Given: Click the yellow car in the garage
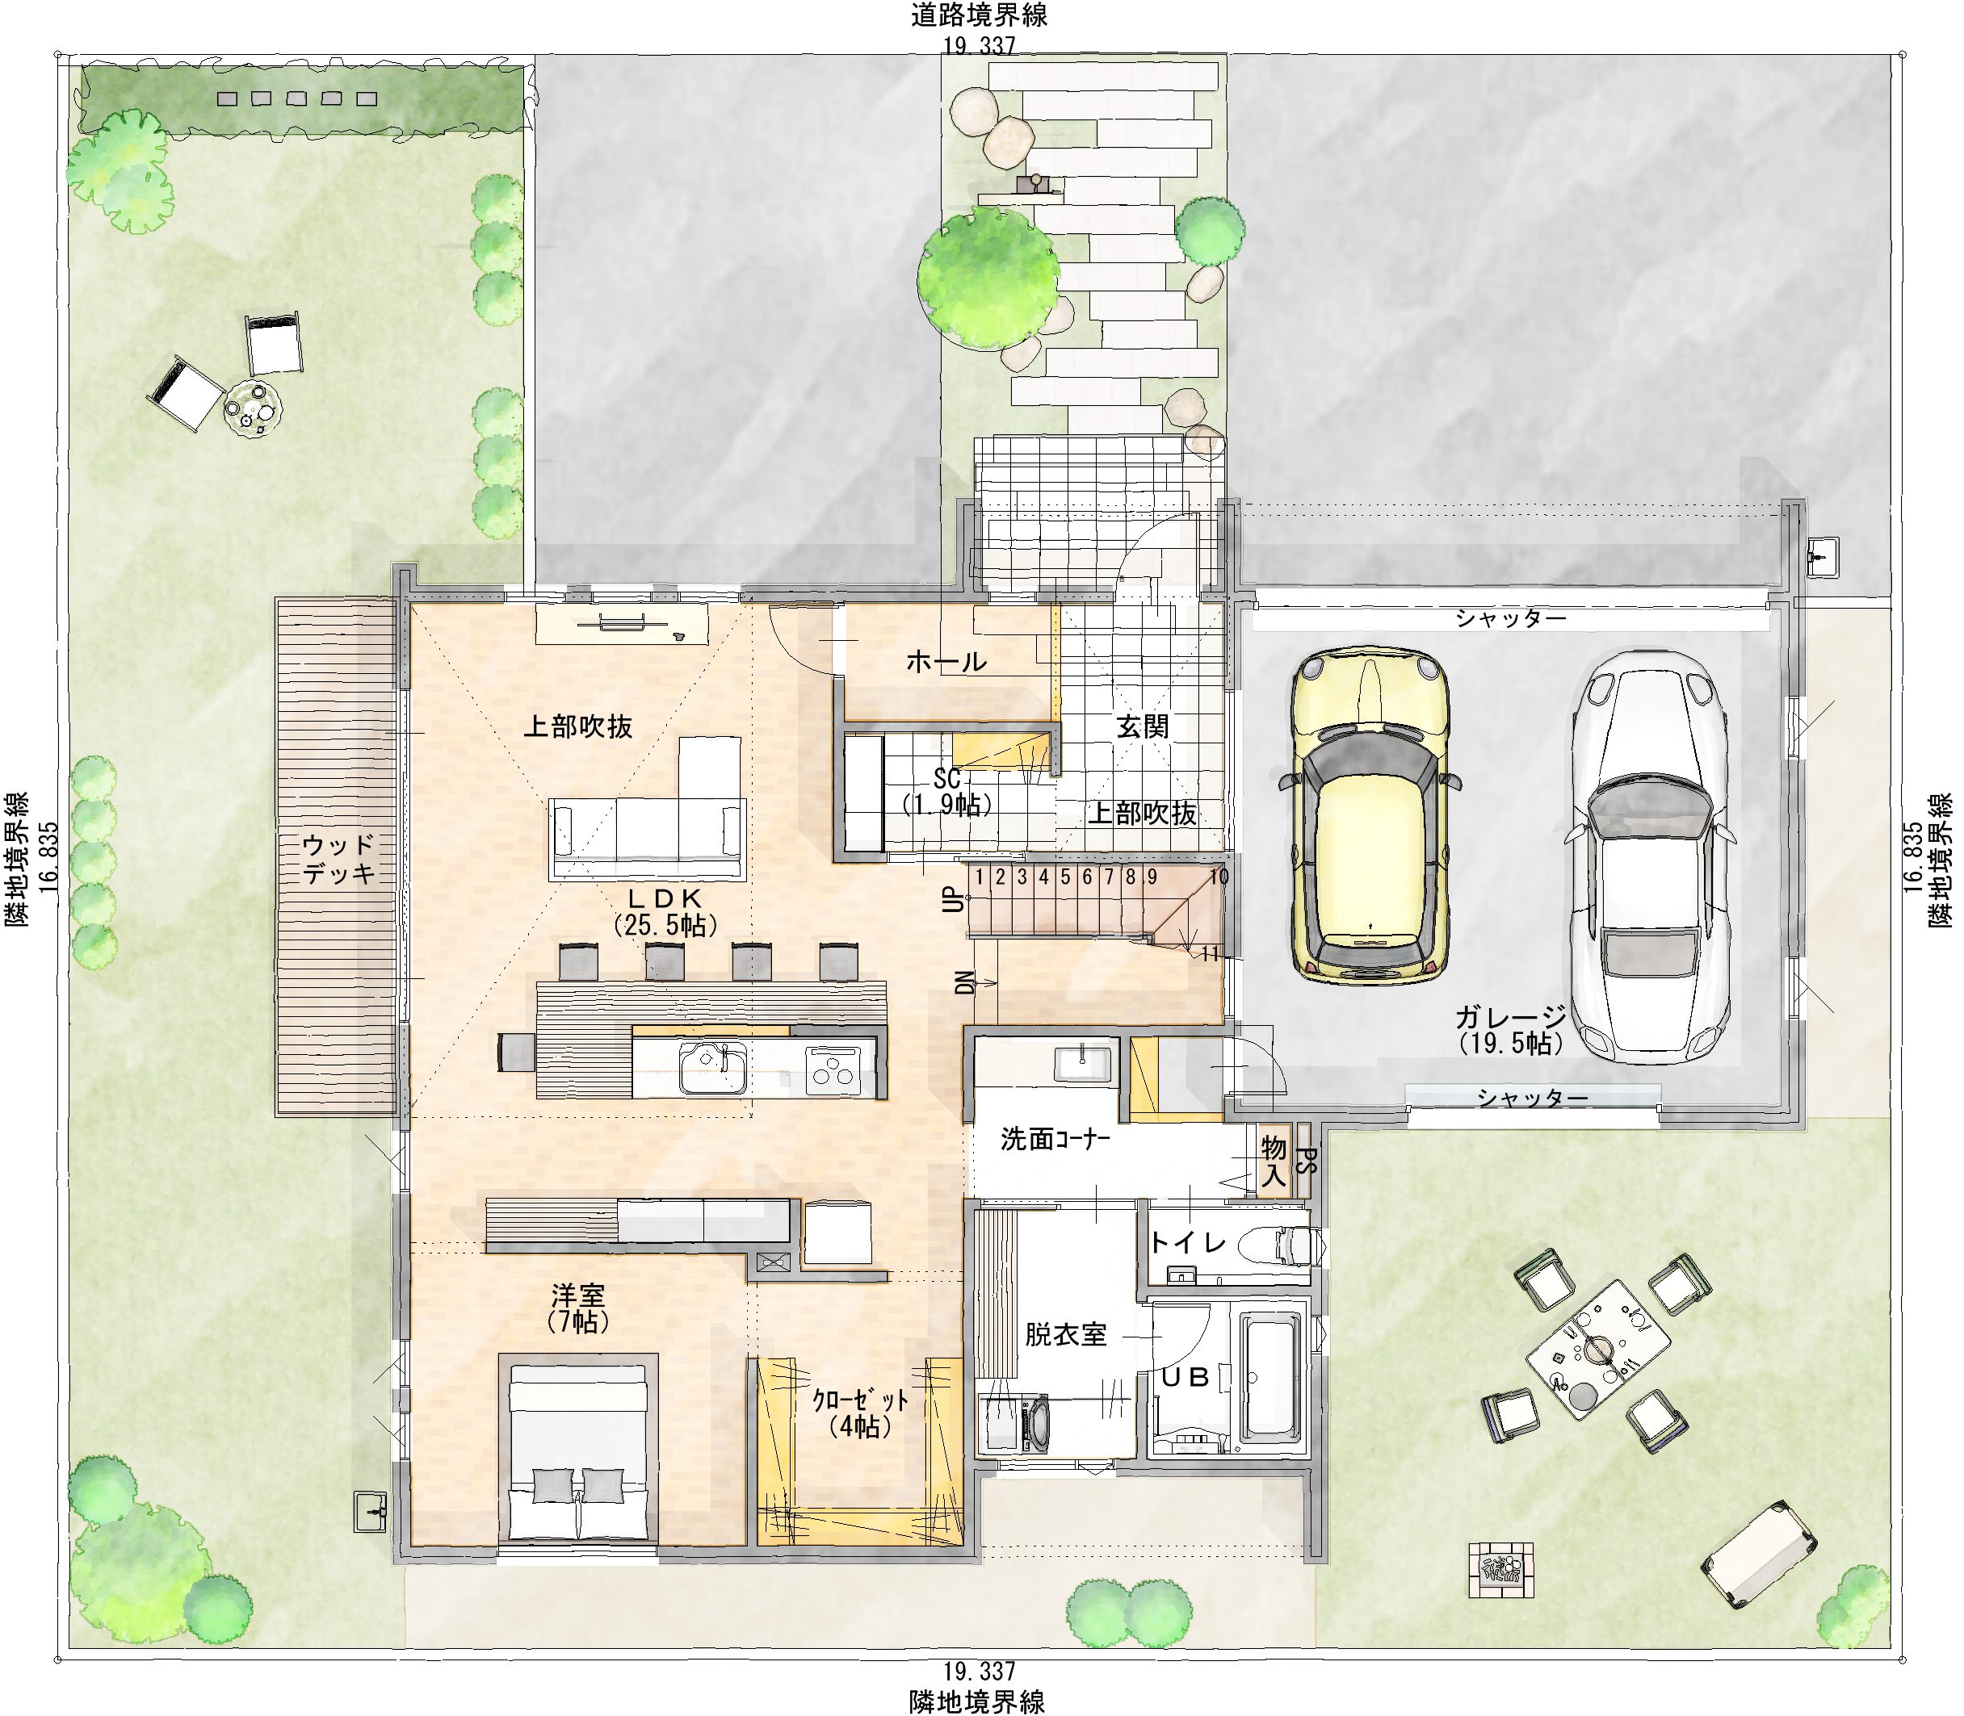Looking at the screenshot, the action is [x=1369, y=813].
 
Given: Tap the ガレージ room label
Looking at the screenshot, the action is [x=1511, y=1017].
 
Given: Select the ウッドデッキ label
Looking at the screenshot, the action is [x=338, y=859].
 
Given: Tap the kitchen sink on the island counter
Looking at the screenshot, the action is [x=714, y=1068].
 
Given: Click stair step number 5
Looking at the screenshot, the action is [x=1064, y=877].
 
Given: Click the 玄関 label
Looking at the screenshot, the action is [x=1142, y=726].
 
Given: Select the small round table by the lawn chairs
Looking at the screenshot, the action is [x=253, y=408].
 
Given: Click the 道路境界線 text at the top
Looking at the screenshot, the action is [x=978, y=15].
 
